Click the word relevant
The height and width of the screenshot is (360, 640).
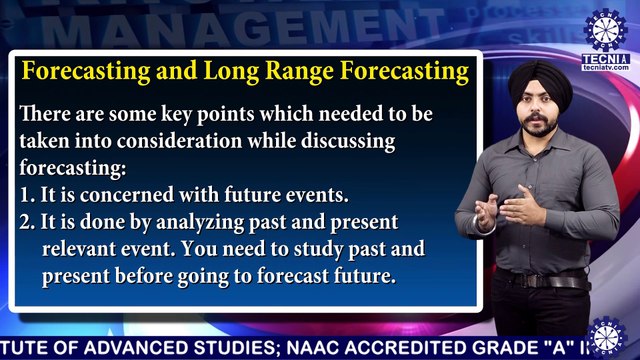(81, 248)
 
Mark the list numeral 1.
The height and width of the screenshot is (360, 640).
(25, 194)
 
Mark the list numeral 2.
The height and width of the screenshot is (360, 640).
(26, 221)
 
